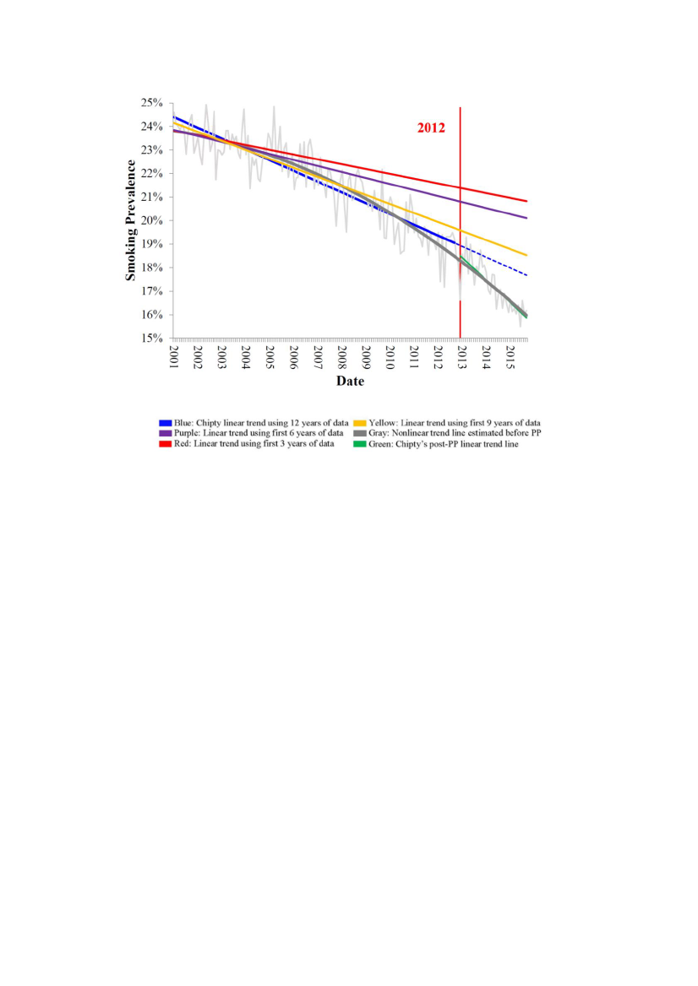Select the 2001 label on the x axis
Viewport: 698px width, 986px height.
(x=174, y=356)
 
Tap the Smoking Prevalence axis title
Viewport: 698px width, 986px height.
(x=131, y=221)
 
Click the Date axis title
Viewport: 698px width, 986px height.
(x=350, y=381)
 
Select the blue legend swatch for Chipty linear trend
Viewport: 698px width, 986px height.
(x=165, y=422)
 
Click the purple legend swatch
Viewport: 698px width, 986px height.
(x=165, y=433)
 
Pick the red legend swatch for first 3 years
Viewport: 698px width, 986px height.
(x=165, y=444)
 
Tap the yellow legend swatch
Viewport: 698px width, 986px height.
(x=357, y=422)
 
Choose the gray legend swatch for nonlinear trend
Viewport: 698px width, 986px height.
(x=357, y=433)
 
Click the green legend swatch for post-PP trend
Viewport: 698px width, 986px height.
(x=357, y=444)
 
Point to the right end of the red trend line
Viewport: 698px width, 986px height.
(x=527, y=201)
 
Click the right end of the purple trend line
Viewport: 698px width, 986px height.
(x=527, y=218)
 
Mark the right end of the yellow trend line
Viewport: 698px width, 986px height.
(x=527, y=255)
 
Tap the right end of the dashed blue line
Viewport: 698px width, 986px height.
(x=527, y=275)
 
